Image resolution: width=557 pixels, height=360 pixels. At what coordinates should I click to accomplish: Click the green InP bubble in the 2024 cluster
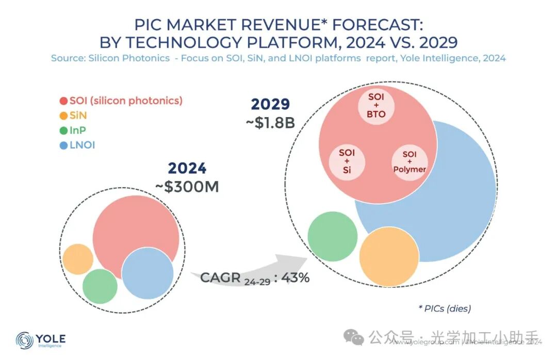click(100, 286)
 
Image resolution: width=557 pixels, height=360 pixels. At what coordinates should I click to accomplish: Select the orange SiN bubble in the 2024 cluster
click(78, 259)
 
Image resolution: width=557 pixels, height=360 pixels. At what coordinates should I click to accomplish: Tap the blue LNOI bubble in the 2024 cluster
click(148, 273)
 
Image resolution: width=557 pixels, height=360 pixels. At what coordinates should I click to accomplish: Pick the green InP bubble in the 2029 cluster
click(333, 236)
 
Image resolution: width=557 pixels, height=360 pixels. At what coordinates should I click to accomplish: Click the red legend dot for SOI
click(64, 101)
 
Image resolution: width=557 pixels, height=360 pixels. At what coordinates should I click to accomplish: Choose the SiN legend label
click(78, 116)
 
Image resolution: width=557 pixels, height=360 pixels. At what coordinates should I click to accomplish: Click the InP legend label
click(78, 130)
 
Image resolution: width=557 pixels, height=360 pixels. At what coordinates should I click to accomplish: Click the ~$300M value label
click(187, 187)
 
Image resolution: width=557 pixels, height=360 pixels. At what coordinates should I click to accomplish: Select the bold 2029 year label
click(270, 104)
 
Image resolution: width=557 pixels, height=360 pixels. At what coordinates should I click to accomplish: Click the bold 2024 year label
click(187, 168)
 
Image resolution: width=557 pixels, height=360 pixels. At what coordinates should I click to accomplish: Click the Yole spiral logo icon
click(24, 340)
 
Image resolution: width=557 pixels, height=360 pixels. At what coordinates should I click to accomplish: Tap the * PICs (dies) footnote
click(444, 308)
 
